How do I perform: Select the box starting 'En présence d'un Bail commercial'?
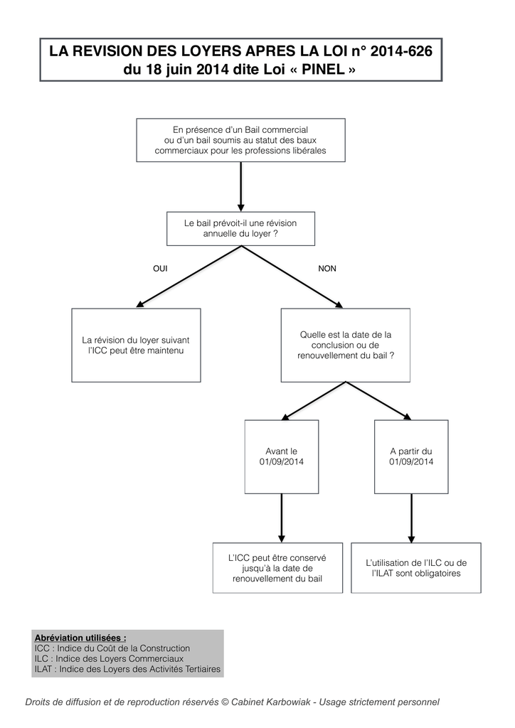coord(240,140)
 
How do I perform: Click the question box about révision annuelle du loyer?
coord(240,228)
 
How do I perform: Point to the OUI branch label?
coord(160,268)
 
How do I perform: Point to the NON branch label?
coord(327,268)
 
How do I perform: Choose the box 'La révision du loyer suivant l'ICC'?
coord(136,346)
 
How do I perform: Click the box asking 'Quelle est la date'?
coord(346,346)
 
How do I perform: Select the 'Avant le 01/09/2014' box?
coord(282,457)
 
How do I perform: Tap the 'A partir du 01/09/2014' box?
coord(411,457)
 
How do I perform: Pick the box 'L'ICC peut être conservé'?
coord(277,568)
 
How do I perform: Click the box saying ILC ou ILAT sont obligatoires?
coord(416,568)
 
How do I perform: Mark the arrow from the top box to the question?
coord(240,187)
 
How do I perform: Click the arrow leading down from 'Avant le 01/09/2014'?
coord(282,518)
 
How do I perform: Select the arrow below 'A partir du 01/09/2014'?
coord(411,518)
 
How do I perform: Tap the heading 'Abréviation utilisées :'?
coord(80,638)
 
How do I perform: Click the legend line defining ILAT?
coord(127,669)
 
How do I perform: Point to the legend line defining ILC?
coord(109,659)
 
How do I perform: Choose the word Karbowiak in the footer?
coord(287,702)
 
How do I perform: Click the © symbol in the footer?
coord(225,702)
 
